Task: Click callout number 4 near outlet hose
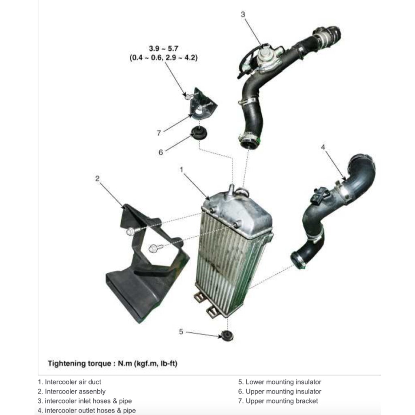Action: pos(323,147)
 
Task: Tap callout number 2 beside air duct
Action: pos(97,178)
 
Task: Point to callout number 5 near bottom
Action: pos(181,332)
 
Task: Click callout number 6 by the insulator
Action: pos(161,152)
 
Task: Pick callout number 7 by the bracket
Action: pos(159,132)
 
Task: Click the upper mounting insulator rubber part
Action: pos(199,133)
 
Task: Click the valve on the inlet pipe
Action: pos(265,57)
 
